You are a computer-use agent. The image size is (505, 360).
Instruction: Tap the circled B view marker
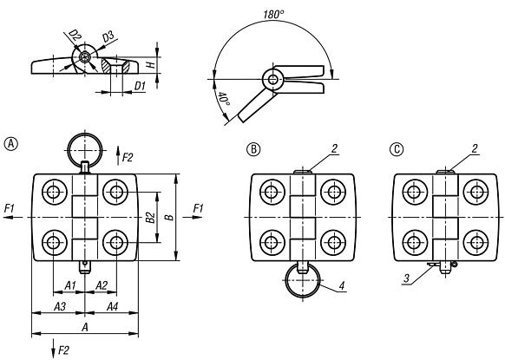[x=256, y=149]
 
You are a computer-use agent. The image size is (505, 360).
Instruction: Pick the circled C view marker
[x=396, y=149]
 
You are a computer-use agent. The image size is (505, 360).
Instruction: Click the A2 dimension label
[x=101, y=285]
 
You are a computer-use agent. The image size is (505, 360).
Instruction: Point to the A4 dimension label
[x=112, y=307]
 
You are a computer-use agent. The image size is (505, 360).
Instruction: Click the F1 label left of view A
[x=10, y=208]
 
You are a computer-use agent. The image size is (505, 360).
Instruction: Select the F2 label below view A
[x=63, y=351]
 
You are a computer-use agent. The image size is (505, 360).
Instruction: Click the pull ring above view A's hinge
[x=85, y=144]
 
